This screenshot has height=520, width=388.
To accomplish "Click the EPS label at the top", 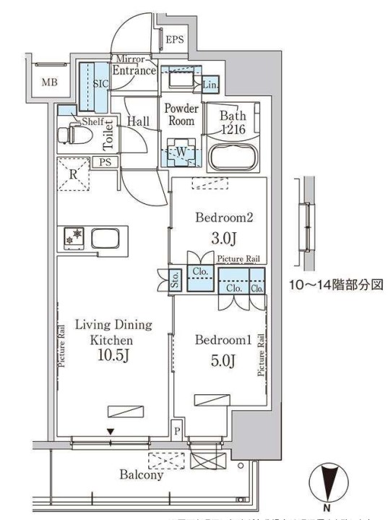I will pos(174,39).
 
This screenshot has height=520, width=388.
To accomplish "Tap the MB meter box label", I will pos(48,82).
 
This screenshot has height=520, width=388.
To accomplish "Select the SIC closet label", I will pos(100,84).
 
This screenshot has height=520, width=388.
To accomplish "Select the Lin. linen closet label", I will pos(210,85).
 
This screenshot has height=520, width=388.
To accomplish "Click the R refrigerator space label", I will pos(73,174).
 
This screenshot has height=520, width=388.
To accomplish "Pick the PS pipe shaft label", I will pos(106,162).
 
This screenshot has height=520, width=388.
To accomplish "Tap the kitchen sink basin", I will pos(105,237).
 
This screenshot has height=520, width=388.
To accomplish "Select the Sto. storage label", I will pos(176,279).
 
